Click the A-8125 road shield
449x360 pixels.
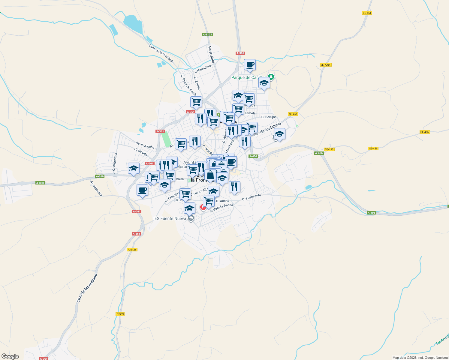point(207,34)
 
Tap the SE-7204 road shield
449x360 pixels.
point(325,65)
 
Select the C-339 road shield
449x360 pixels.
point(120,314)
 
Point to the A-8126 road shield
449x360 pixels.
point(132,250)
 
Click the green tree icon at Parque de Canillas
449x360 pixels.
point(271,77)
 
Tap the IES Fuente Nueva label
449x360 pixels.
point(170,218)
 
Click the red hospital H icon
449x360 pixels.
point(203,207)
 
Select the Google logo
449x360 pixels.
point(10,356)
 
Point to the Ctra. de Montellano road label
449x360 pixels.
point(87,288)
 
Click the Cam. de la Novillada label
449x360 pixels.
point(161,54)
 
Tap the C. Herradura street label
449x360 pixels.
point(202,69)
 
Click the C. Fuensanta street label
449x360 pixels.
point(252,197)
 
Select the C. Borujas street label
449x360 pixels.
point(269,117)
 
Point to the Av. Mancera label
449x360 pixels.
point(96,189)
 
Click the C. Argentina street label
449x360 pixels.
point(114,162)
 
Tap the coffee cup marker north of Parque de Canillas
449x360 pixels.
point(250,65)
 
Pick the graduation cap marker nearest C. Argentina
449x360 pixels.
point(134,169)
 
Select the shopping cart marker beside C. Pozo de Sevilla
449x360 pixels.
point(196,102)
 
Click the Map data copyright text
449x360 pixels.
point(420,358)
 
